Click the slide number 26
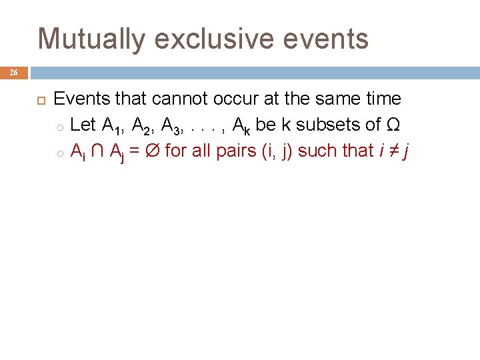[x=13, y=73]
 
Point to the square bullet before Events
[x=39, y=99]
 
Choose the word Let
[x=83, y=125]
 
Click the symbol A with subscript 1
[x=110, y=125]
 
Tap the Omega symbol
[x=393, y=125]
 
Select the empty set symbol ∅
[x=152, y=151]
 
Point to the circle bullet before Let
[x=59, y=126]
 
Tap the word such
[x=317, y=151]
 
